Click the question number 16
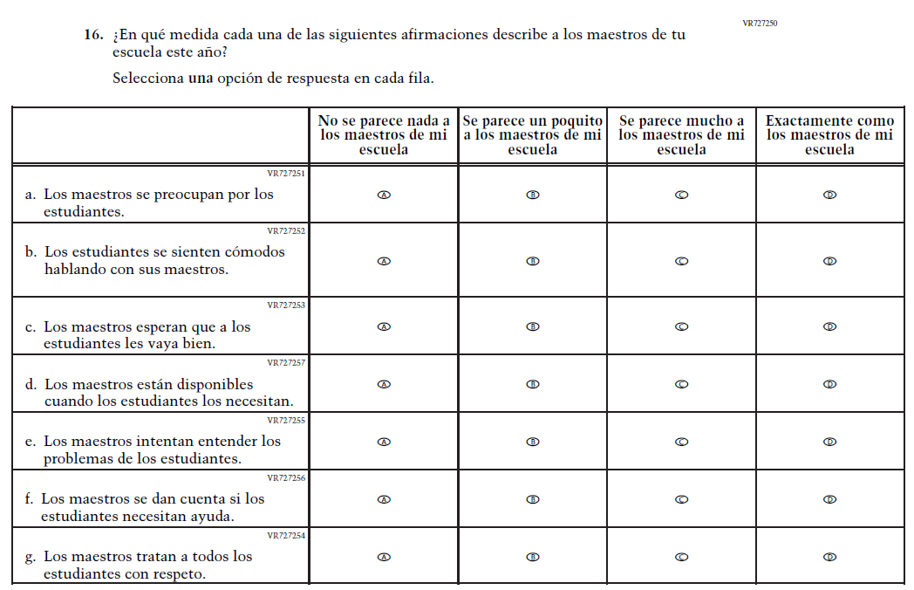(x=93, y=35)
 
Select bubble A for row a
(x=384, y=195)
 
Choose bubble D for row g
(x=830, y=557)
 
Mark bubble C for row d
(x=682, y=384)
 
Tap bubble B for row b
(x=533, y=261)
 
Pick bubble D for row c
(x=830, y=327)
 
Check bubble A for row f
(x=384, y=500)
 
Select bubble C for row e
(x=682, y=442)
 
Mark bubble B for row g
(x=533, y=557)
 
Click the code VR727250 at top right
(x=760, y=24)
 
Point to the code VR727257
(x=285, y=362)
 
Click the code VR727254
(x=285, y=535)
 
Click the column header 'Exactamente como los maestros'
(x=830, y=135)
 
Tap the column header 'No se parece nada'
(x=384, y=135)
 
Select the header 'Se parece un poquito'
(x=533, y=135)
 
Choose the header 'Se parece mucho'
(x=682, y=135)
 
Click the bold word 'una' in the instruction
(x=201, y=78)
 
